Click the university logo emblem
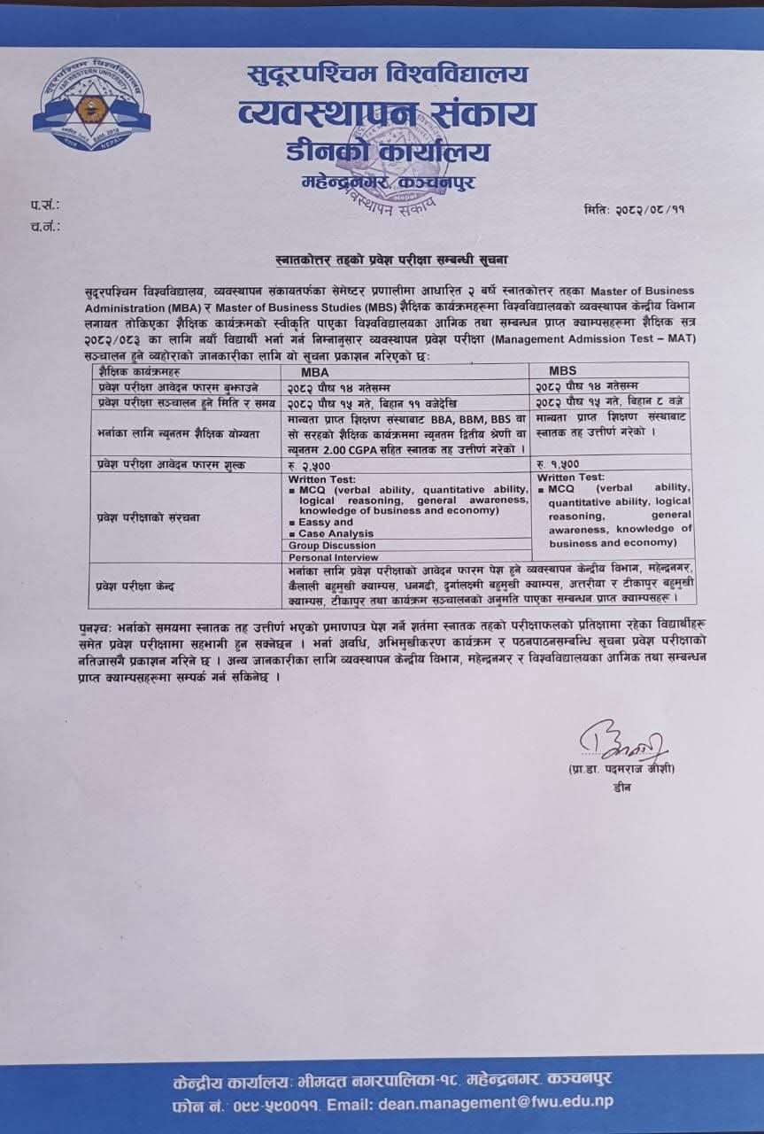(92, 107)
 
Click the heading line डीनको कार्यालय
(388, 151)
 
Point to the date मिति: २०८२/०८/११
(635, 210)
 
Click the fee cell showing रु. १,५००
(557, 463)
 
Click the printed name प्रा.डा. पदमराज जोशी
(621, 769)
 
